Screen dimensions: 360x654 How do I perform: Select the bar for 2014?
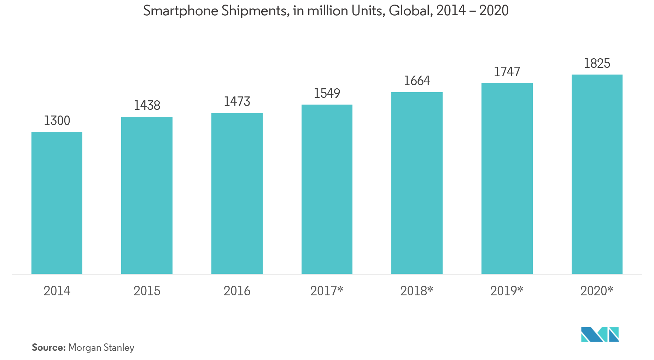click(57, 203)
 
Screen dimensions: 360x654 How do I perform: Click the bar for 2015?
click(147, 195)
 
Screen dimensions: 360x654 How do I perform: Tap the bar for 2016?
click(237, 193)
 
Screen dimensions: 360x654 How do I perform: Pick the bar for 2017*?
click(327, 189)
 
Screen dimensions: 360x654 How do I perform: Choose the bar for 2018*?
click(417, 183)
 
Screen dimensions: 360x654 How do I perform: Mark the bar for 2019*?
click(507, 178)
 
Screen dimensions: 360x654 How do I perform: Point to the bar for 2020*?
click(597, 174)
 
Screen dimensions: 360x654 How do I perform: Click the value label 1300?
click(57, 121)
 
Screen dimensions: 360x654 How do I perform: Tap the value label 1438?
click(147, 105)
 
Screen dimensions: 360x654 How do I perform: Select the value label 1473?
click(237, 102)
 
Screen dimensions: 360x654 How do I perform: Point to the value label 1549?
click(327, 93)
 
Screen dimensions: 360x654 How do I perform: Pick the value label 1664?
click(417, 81)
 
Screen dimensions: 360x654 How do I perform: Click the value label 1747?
click(507, 72)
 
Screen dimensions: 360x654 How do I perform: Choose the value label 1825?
click(597, 64)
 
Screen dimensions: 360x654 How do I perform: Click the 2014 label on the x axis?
click(57, 291)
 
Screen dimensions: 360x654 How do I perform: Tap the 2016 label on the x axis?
click(237, 291)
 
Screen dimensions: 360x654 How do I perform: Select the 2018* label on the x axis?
click(416, 291)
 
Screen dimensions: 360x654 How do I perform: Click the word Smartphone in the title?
click(181, 11)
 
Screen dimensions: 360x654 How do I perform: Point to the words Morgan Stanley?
click(101, 348)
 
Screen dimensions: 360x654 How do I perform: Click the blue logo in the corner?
click(600, 334)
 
